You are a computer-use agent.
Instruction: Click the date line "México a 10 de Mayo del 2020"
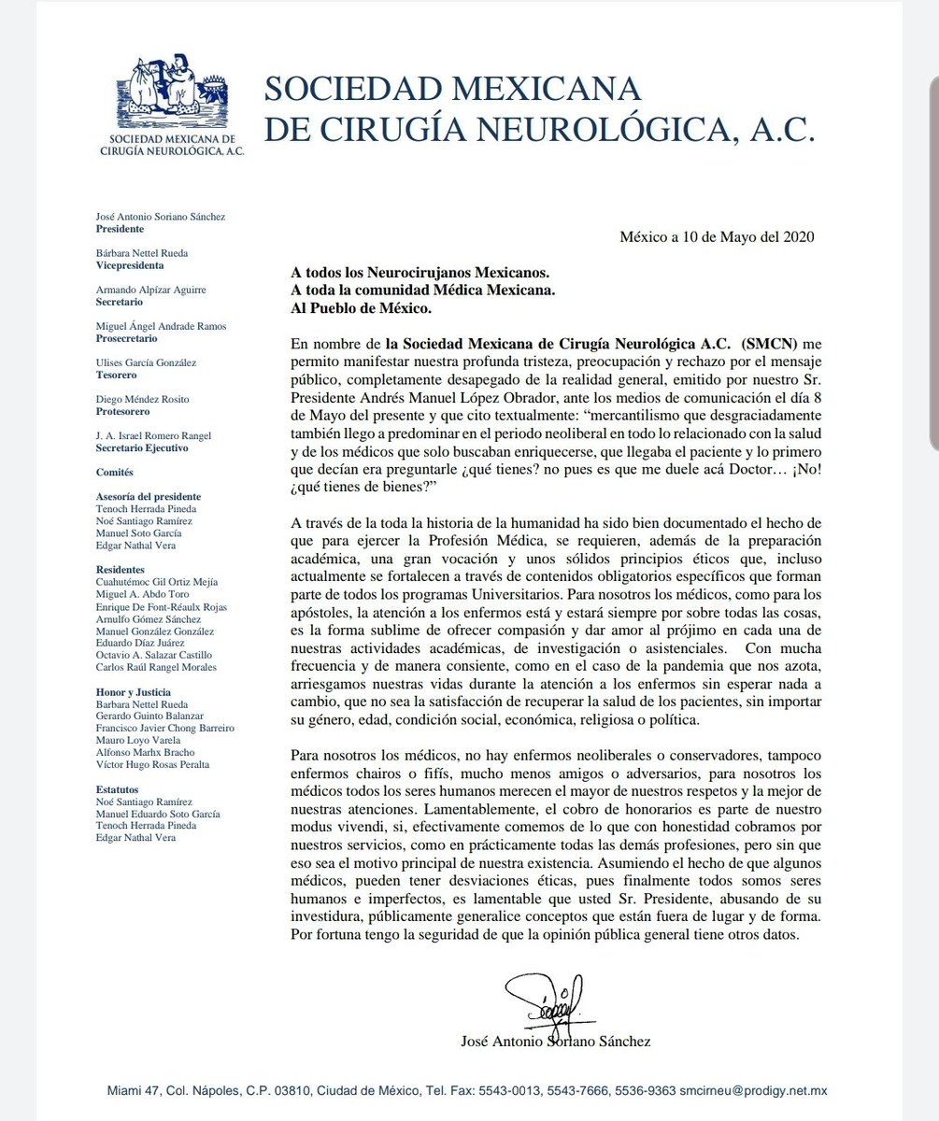point(718,237)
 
